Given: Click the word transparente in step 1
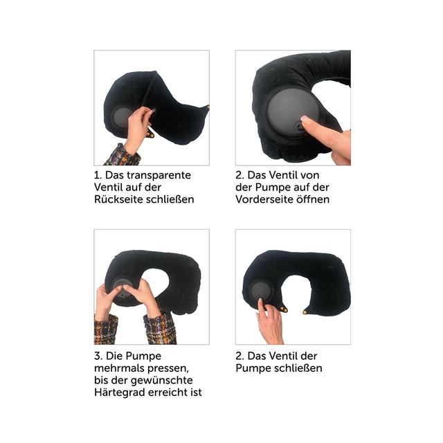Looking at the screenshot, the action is point(159,175).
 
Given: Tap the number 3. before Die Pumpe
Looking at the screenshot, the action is point(98,356).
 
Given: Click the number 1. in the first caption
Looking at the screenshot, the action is point(98,175).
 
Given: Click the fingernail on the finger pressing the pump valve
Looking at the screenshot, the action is point(305,120).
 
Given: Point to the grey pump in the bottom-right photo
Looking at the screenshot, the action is point(261,291).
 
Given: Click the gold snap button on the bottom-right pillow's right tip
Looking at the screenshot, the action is point(305,312).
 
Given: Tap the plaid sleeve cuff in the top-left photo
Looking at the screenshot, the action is point(123,156).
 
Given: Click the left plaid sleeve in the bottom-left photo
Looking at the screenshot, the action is point(106,329).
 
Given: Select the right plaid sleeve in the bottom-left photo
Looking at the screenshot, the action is point(160,328).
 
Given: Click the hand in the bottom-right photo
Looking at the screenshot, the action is point(269,322).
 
